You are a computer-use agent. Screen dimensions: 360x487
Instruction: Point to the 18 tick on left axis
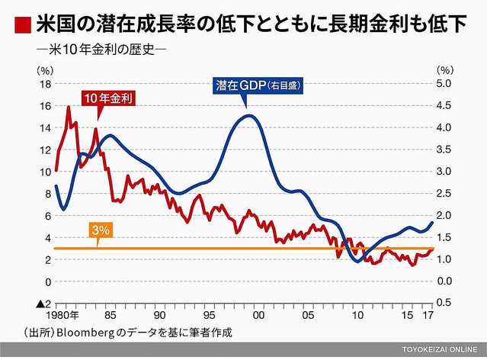pyautogui.click(x=45, y=84)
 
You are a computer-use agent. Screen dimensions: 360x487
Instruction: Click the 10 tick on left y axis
pyautogui.click(x=45, y=172)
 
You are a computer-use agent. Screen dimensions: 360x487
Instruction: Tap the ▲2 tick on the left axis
pyautogui.click(x=43, y=303)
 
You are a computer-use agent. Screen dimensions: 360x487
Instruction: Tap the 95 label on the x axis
pyautogui.click(x=209, y=313)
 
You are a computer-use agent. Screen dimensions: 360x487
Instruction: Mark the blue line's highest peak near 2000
pyautogui.click(x=249, y=115)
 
